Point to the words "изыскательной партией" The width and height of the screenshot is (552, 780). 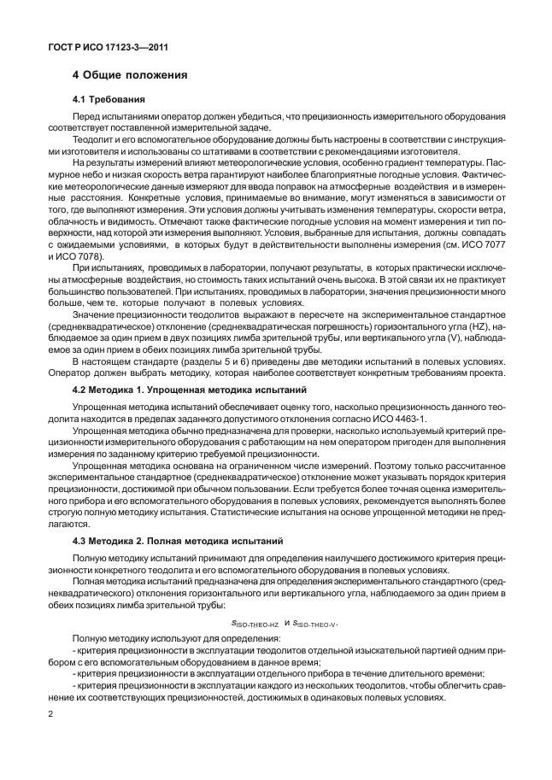tap(407, 651)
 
